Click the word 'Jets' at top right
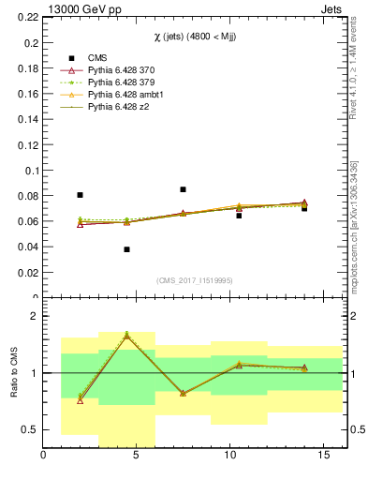334,8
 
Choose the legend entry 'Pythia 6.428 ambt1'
127,95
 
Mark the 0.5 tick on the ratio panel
31,429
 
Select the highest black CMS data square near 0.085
183,189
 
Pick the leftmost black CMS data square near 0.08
80,195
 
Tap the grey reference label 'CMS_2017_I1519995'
196,279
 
